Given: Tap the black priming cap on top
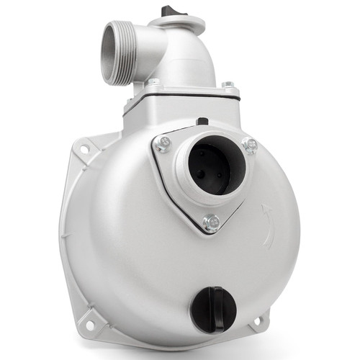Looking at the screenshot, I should point(173,10).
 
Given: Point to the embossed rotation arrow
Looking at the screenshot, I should point(268,224).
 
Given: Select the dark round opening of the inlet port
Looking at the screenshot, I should point(208,168).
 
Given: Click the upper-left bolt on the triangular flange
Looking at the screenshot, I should point(165,142).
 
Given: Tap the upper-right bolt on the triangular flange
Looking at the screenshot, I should point(250,146).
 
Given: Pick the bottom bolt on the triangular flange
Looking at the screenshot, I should point(211,222).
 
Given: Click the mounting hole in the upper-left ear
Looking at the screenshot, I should point(85,149).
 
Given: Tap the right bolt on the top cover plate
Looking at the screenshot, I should point(228,86).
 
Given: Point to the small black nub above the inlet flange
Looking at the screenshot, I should point(203,121).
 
